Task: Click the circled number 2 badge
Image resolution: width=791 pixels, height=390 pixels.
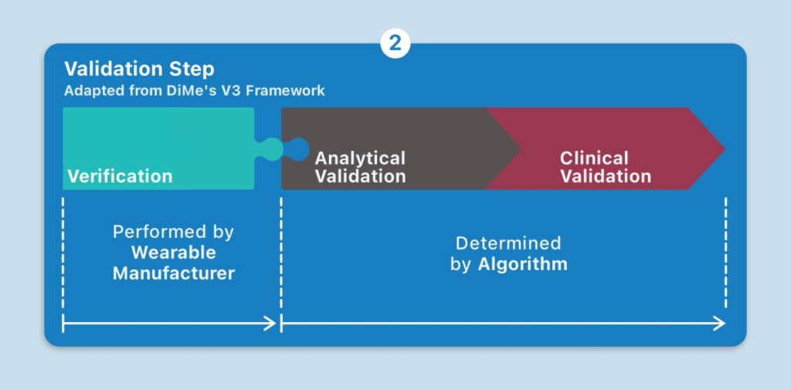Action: [395, 43]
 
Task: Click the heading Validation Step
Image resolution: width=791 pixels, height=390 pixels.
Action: [139, 70]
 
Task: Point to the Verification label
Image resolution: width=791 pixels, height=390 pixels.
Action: [120, 176]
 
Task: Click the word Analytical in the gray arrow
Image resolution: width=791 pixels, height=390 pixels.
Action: [360, 158]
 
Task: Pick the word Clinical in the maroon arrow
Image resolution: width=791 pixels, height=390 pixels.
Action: [594, 158]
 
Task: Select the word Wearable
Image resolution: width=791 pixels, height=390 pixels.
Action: [174, 253]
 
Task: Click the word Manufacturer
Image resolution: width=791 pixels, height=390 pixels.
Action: [174, 273]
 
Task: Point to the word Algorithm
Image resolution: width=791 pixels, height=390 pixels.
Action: [523, 264]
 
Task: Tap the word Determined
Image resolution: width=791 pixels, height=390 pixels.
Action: [508, 243]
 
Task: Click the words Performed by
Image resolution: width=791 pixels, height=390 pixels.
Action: [174, 232]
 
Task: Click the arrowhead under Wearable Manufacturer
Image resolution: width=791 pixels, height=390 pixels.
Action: [271, 324]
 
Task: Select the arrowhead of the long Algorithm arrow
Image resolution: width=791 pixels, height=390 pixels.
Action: [719, 324]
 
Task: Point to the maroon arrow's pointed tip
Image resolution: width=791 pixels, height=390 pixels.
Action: [725, 149]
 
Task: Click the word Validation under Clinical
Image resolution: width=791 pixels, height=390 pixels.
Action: [606, 176]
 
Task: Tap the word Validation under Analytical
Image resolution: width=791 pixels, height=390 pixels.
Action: [360, 176]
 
